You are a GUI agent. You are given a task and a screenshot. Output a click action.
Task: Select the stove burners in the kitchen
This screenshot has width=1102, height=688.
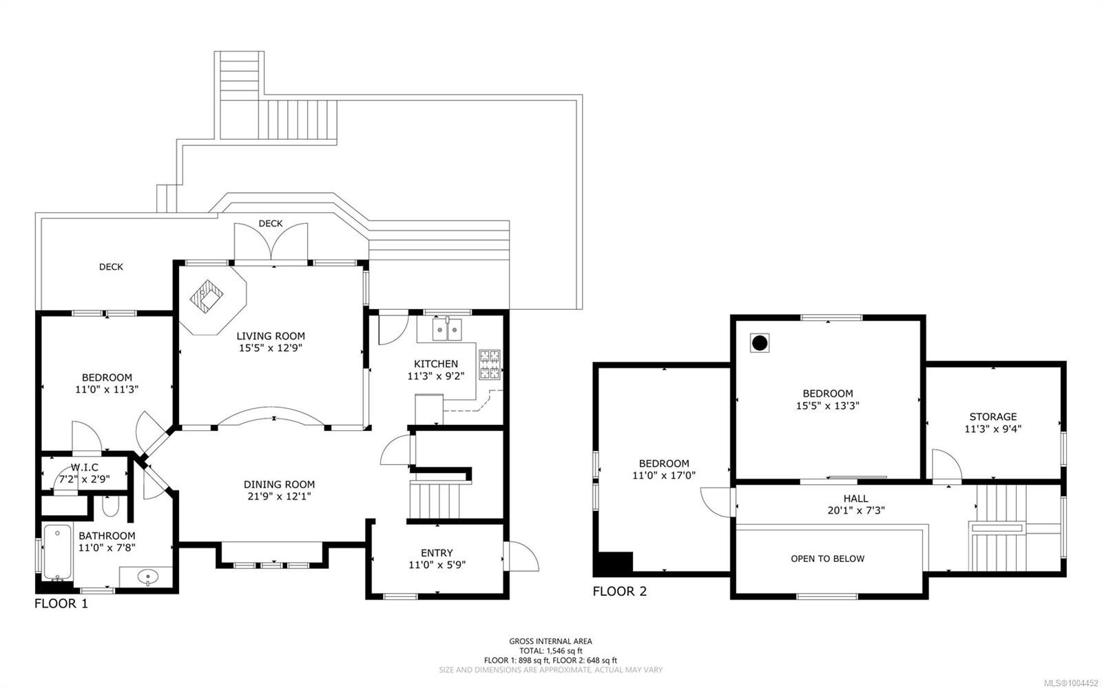[490, 365]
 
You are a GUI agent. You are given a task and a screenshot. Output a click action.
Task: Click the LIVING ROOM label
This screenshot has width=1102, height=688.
[271, 336]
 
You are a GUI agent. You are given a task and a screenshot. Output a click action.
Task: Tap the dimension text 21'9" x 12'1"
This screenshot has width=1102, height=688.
[279, 496]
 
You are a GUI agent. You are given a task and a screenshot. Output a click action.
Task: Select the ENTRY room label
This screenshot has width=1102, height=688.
[437, 553]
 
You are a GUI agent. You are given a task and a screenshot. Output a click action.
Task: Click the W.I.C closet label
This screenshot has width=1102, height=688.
[84, 468]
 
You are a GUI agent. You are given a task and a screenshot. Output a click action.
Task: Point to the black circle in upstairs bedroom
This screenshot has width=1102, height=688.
[759, 343]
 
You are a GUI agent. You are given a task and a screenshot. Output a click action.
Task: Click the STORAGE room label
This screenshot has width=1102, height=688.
[992, 417]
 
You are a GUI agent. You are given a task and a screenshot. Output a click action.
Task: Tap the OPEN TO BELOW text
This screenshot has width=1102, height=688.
[827, 559]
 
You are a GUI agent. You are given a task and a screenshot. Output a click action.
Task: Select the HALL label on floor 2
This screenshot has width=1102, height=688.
[855, 499]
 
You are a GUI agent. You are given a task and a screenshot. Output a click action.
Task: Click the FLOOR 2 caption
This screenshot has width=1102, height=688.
[619, 591]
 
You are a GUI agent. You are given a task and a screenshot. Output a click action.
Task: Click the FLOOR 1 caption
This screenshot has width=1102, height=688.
[61, 604]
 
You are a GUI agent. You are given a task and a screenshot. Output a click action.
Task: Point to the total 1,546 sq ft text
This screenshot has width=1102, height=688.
[550, 651]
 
